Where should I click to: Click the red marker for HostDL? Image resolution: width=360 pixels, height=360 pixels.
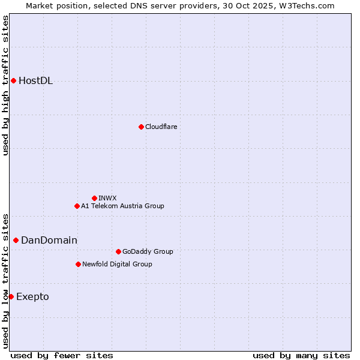(13, 80)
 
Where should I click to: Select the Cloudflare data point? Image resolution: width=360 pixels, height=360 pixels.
(141, 127)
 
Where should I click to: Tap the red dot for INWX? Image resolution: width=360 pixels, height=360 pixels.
(94, 198)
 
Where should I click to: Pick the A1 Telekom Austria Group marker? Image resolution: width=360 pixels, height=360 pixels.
(77, 206)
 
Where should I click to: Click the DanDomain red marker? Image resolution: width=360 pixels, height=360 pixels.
(16, 240)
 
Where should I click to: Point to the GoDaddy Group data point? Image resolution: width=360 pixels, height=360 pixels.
(118, 251)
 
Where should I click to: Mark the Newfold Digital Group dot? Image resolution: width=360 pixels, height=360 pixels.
(78, 264)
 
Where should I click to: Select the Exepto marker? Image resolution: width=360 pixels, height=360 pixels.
(11, 296)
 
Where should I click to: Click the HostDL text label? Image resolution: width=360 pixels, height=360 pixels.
(36, 81)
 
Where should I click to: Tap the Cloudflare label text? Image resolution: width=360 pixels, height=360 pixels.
(161, 127)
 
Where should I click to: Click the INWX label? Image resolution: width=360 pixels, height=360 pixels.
(107, 198)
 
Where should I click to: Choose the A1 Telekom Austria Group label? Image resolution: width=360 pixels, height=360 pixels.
(122, 206)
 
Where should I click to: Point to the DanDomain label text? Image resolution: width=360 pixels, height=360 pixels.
(49, 241)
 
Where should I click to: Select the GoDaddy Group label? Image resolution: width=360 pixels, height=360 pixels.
(148, 251)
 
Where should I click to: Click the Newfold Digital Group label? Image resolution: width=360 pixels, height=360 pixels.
(117, 264)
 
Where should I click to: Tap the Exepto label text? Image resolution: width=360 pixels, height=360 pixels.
(32, 297)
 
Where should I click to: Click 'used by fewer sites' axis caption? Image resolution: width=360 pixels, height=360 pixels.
(62, 355)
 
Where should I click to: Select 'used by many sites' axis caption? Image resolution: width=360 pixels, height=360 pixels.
(301, 355)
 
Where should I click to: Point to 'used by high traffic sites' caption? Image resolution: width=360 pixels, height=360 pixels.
(6, 85)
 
